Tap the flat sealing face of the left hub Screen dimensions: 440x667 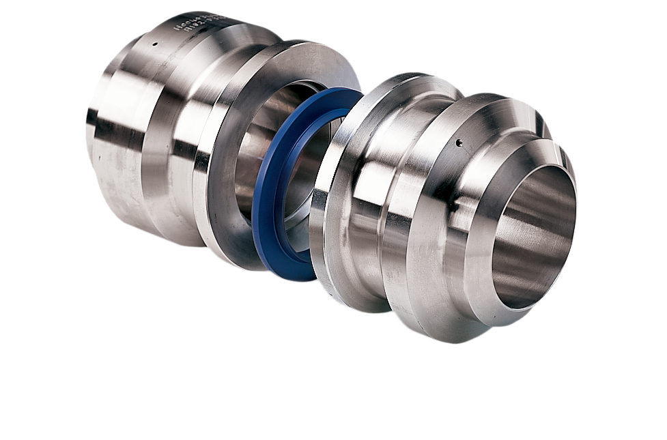pos(225,205)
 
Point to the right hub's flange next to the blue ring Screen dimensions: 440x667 pos(328,205)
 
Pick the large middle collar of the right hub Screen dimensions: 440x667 pos(416,225)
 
